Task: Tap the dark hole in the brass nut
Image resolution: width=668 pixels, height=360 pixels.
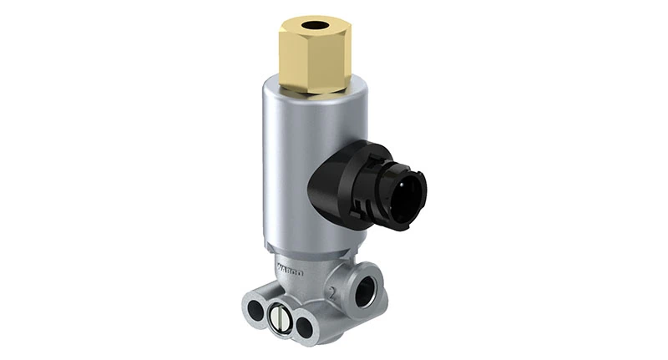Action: [x=314, y=26]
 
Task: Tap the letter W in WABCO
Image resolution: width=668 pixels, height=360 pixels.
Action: [x=280, y=266]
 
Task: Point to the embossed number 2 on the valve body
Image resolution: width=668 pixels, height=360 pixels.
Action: [x=331, y=292]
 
